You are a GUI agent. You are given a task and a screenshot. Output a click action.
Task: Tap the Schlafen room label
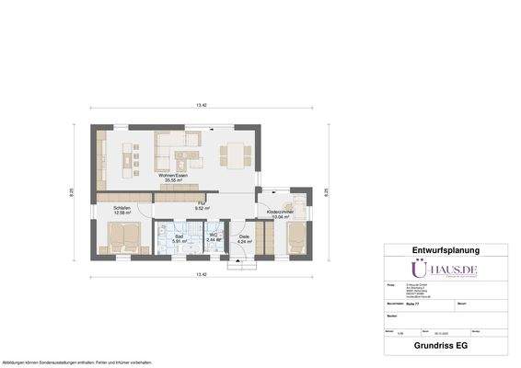point(122,210)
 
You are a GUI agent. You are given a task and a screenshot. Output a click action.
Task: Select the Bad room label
point(179,238)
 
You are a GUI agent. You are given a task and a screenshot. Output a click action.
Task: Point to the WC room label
point(213,238)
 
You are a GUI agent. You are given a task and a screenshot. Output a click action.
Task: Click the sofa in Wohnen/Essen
point(177,144)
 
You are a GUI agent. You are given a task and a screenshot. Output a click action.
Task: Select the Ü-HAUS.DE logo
point(445,270)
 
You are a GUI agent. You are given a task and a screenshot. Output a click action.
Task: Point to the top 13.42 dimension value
point(201,107)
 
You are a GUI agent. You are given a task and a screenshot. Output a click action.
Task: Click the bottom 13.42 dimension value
point(201,275)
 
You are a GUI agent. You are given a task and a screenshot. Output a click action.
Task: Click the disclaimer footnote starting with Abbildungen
point(77,362)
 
